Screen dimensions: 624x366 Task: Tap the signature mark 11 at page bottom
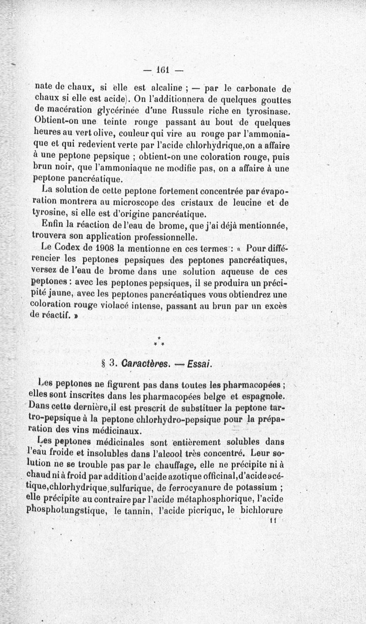point(274,520)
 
